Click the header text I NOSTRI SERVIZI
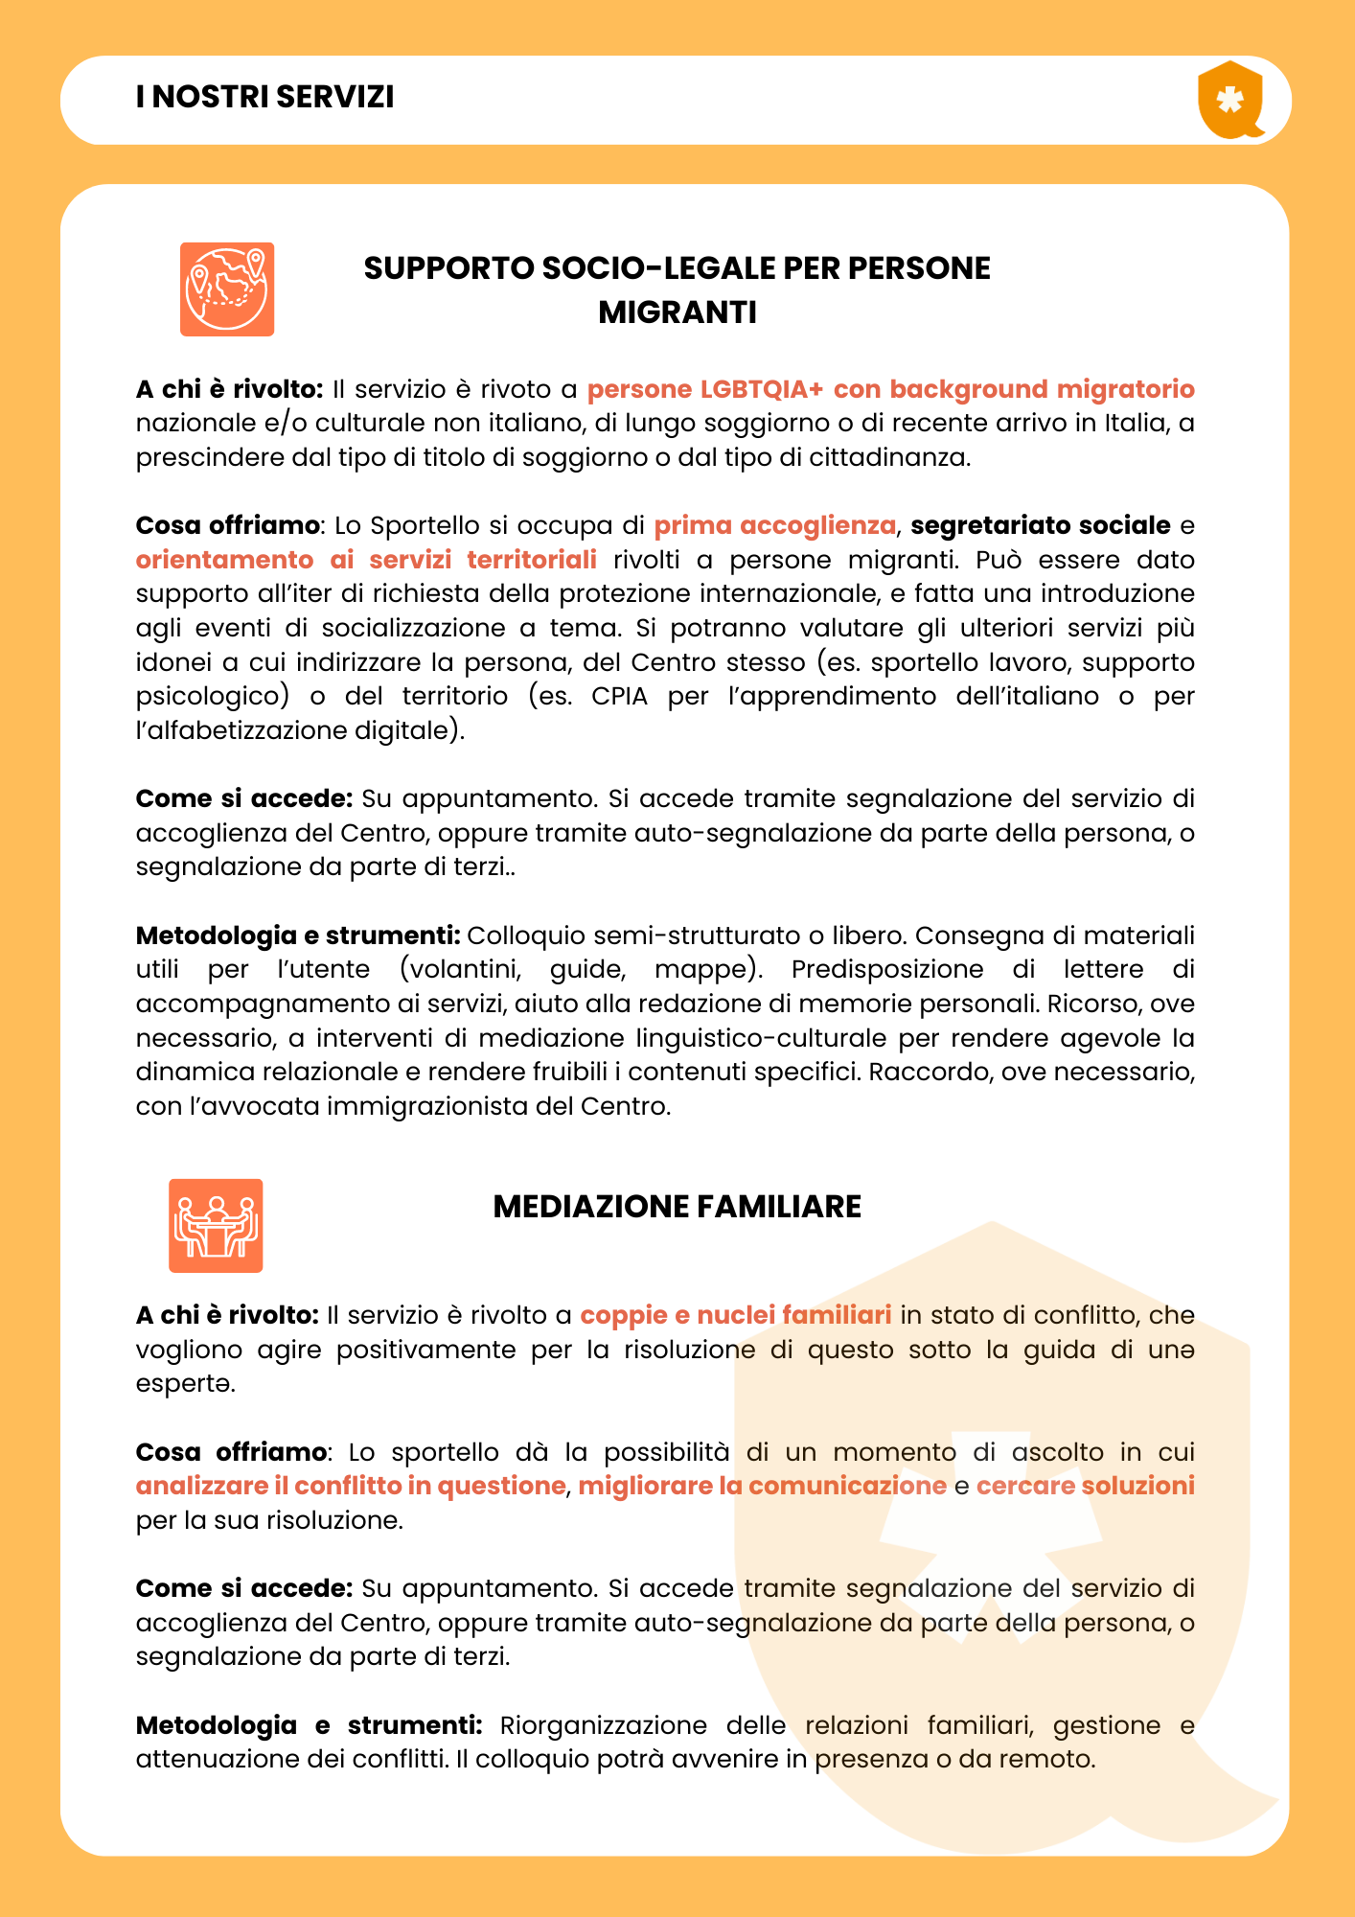click(x=265, y=98)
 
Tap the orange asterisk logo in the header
click(x=1229, y=100)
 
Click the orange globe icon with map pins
click(x=227, y=289)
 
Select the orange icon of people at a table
click(x=216, y=1226)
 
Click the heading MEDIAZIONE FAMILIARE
click(x=677, y=1207)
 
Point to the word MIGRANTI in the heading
click(x=677, y=312)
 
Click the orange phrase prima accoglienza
click(x=774, y=525)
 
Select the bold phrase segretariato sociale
click(x=1040, y=525)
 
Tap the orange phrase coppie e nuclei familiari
click(x=736, y=1315)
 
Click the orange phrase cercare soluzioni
click(x=1085, y=1486)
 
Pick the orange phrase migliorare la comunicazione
click(x=762, y=1486)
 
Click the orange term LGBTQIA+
click(x=762, y=389)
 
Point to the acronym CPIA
click(x=619, y=696)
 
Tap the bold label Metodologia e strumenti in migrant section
click(x=298, y=935)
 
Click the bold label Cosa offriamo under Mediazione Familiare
click(x=231, y=1452)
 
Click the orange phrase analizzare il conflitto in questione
click(x=351, y=1486)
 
